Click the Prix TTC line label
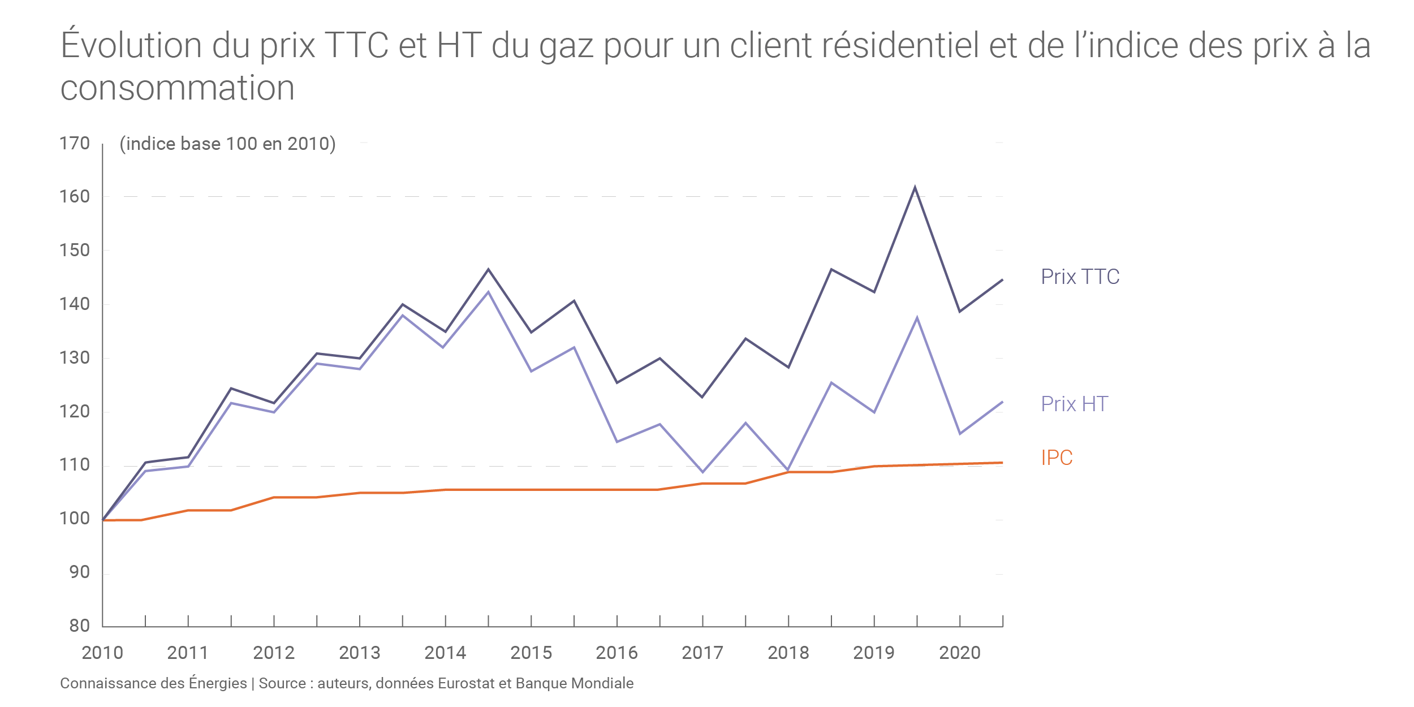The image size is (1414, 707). point(1080,277)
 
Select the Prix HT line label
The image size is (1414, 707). point(1074,404)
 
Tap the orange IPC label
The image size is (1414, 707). point(1057,458)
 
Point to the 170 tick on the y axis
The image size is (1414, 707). point(75,144)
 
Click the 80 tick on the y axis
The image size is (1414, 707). point(79,626)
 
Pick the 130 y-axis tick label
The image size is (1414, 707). point(75,358)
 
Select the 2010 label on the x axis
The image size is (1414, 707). point(102,653)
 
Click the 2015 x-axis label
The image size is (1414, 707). point(531,653)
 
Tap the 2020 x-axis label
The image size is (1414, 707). point(960,653)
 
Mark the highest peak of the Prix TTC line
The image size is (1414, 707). point(915,187)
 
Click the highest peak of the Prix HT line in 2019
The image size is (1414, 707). point(917,318)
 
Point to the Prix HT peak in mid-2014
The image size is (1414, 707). point(489,292)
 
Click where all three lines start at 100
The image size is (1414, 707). point(103,520)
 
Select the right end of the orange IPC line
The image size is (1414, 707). point(1002,463)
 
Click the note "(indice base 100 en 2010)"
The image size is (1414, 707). point(227,144)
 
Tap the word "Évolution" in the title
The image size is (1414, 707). point(131,45)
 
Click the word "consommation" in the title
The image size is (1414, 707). point(177,88)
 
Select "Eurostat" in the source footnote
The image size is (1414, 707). point(466,683)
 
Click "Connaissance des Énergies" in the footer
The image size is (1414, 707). point(153,683)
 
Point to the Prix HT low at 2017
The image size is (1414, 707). point(702,472)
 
